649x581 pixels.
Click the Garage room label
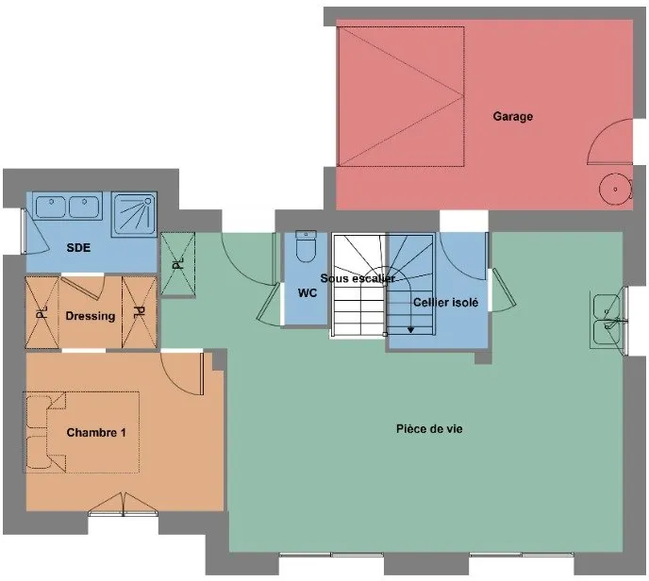tap(512, 116)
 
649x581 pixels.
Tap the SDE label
tap(78, 248)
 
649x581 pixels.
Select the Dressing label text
tap(91, 316)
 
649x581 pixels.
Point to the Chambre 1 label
tap(96, 433)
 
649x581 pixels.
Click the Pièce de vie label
tap(429, 429)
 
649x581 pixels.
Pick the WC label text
tap(308, 293)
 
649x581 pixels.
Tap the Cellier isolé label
tap(445, 303)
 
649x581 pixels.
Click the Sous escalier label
tap(358, 278)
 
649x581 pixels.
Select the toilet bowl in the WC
tap(306, 247)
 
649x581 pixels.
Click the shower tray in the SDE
tap(134, 214)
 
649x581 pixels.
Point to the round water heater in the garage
tap(615, 190)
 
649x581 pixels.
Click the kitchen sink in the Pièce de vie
tap(607, 320)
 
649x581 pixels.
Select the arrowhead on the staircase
tap(410, 330)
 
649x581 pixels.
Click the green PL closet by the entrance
tap(178, 264)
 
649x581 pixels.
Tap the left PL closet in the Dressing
tap(42, 312)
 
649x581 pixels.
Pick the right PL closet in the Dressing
tap(140, 312)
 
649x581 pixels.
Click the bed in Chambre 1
tap(81, 432)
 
